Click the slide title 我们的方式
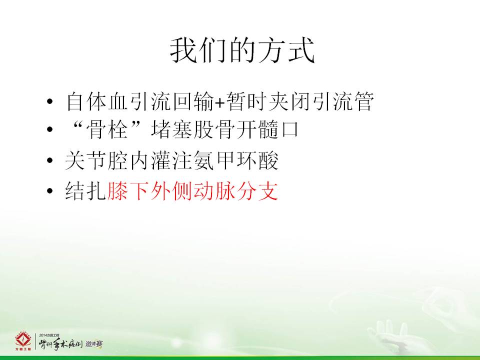(242, 50)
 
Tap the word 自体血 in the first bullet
(96, 101)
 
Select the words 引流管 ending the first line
(343, 101)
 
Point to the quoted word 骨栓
(107, 129)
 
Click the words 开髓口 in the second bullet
(268, 129)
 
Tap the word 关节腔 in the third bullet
(96, 160)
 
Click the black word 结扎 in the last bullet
(85, 191)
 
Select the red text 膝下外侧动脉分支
(192, 191)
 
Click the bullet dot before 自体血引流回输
(50, 101)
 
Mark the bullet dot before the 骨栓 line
(50, 129)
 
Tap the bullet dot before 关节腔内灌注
(50, 160)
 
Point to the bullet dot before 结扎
(50, 191)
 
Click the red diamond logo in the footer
(23, 340)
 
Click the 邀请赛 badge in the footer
(94, 344)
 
